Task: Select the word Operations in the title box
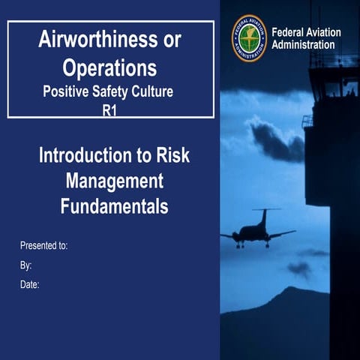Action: click(x=110, y=68)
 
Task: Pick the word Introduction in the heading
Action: click(x=83, y=157)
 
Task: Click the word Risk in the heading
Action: click(x=169, y=157)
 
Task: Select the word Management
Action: click(x=114, y=181)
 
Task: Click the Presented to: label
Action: click(x=43, y=245)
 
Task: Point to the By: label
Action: click(x=25, y=265)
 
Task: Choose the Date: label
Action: click(x=29, y=284)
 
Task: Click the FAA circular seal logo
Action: click(x=248, y=37)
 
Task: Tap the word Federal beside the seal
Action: click(x=291, y=32)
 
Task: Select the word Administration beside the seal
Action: click(x=304, y=45)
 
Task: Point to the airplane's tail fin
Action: click(x=263, y=217)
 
